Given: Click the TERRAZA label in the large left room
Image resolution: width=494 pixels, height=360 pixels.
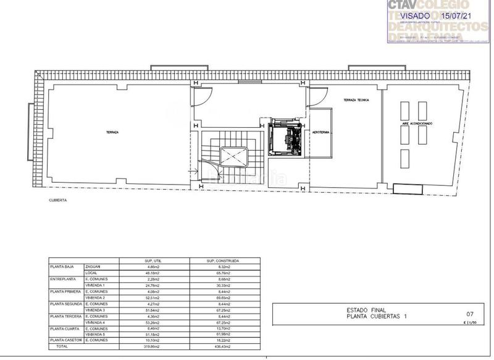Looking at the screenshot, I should click(x=112, y=133).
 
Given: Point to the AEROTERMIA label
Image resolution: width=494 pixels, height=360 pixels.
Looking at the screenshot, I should click(x=321, y=132).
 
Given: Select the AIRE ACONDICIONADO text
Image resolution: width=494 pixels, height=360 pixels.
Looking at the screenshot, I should click(x=417, y=123).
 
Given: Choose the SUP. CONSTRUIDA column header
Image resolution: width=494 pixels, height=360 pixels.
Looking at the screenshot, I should click(x=224, y=260).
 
